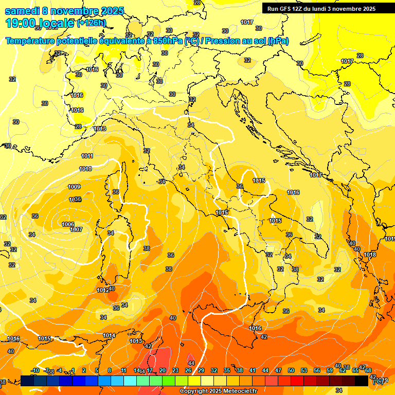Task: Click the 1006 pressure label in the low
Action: pyautogui.click(x=68, y=224)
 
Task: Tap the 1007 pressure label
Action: pyautogui.click(x=76, y=229)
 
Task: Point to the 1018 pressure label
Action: pyautogui.click(x=370, y=255)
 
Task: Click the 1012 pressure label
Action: pyautogui.click(x=102, y=290)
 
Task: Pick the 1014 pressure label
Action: pyautogui.click(x=109, y=335)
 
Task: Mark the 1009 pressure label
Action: pyautogui.click(x=74, y=187)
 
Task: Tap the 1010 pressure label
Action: pyautogui.click(x=85, y=169)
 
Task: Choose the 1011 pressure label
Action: pyautogui.click(x=87, y=156)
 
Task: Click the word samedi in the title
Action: pyautogui.click(x=22, y=11)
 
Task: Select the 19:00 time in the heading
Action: pyautogui.click(x=20, y=23)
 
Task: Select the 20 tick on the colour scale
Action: pyautogui.click(x=163, y=370)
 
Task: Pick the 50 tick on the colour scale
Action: pyautogui.click(x=291, y=370)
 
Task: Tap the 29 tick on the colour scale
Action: pyautogui.click(x=201, y=370)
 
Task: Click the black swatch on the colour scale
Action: pyautogui.click(x=362, y=381)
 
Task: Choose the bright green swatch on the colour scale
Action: pyautogui.click(x=169, y=381)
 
